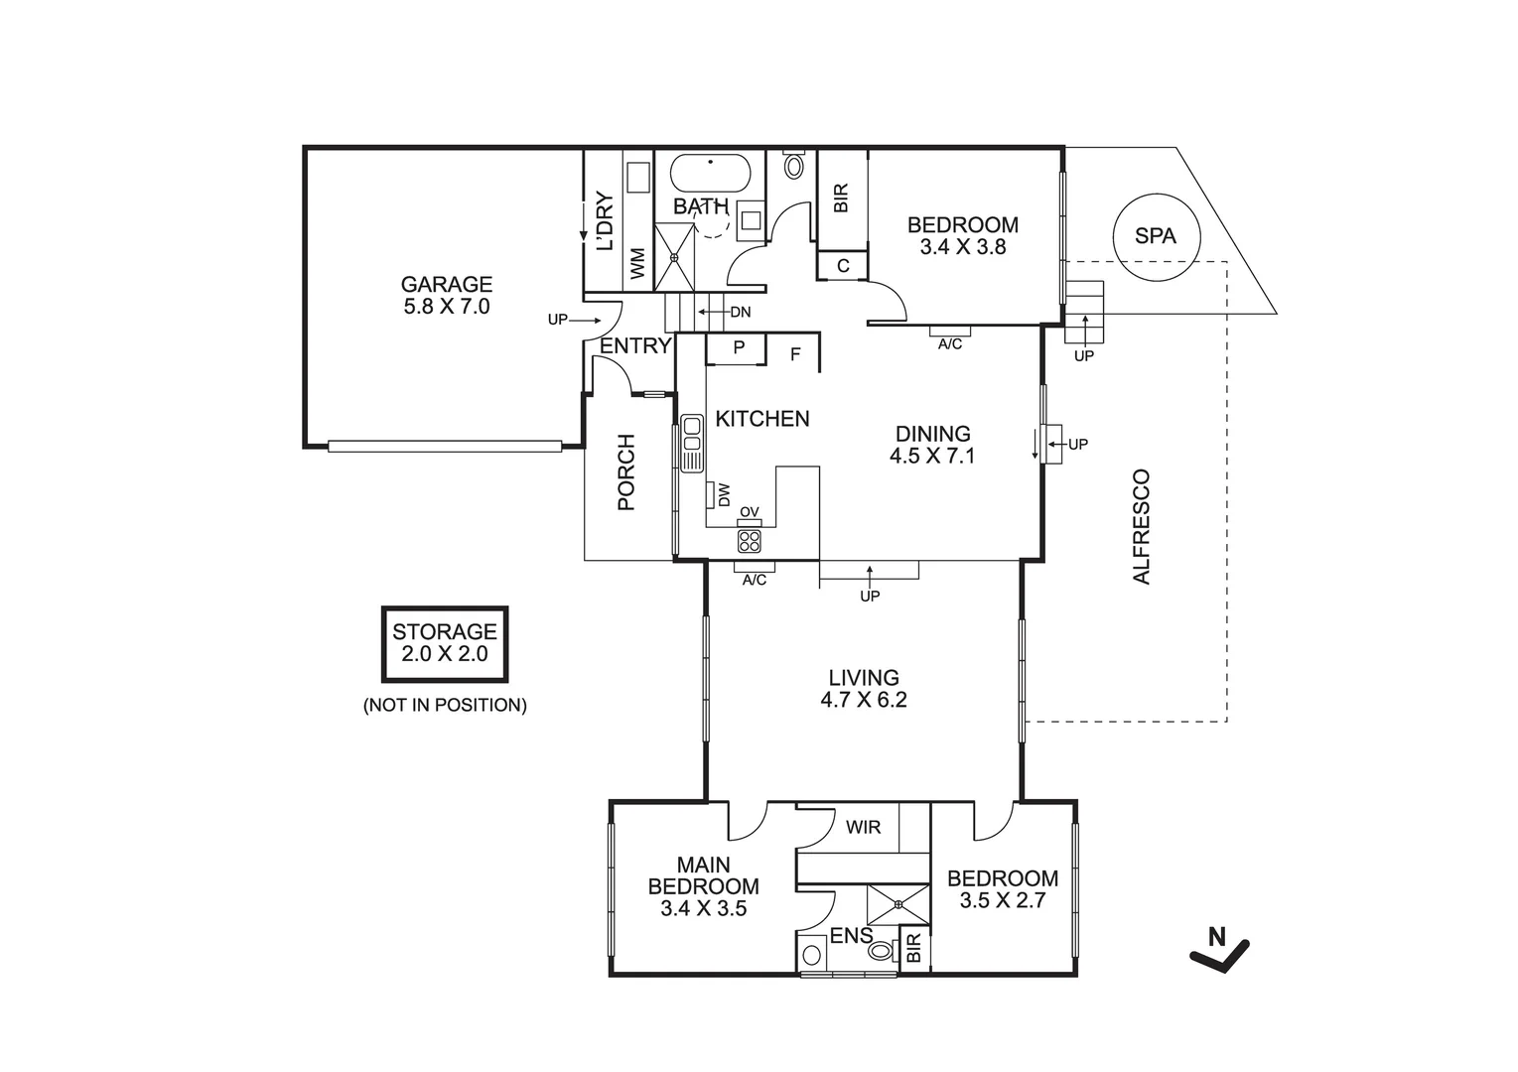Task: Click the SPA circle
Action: coord(1156,236)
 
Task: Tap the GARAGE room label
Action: coord(446,296)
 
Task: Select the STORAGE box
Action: coord(445,644)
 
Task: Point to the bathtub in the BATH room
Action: coord(710,175)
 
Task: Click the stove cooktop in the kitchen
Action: coord(750,541)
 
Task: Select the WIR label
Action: coord(863,827)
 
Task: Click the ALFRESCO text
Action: coord(1142,526)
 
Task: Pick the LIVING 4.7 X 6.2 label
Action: coord(864,689)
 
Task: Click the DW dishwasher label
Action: coord(724,493)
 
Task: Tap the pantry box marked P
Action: coord(739,348)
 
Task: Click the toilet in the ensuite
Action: coord(881,952)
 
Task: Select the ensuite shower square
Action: coord(897,904)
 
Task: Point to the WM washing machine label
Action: coord(637,264)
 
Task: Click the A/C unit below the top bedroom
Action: coord(950,332)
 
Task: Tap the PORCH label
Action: coord(626,472)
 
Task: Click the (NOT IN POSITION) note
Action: coord(445,706)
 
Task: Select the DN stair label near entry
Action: coord(740,312)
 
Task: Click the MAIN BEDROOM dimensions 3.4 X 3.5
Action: coord(703,907)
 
